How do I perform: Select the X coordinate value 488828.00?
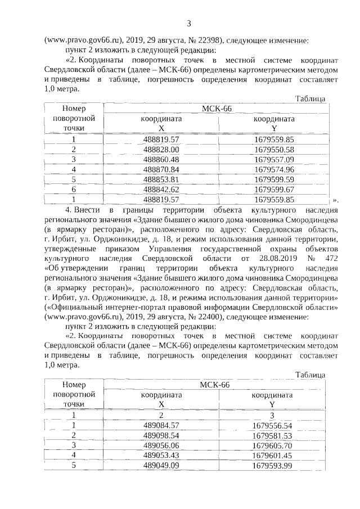[x=161, y=149]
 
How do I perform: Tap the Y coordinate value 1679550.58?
[x=273, y=149]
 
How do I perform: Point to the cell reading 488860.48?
[x=161, y=159]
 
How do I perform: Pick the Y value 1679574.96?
[x=273, y=169]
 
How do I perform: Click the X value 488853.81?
[x=161, y=179]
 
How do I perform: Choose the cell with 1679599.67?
[x=273, y=189]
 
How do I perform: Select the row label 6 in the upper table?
[x=73, y=189]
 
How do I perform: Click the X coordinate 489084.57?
[x=161, y=425]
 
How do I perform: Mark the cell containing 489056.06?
[x=161, y=445]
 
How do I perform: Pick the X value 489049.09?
[x=161, y=465]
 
